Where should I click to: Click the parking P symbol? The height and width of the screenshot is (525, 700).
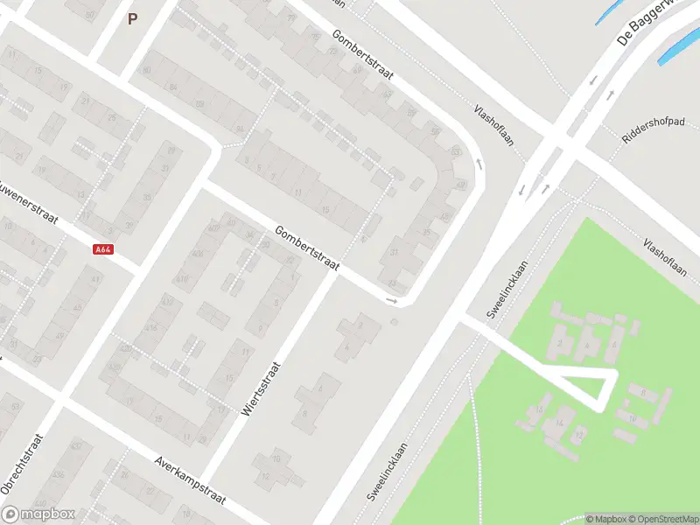point(132,18)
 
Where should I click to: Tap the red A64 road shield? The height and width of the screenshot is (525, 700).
point(102,249)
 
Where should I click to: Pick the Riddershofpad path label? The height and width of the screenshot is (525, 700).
point(652,132)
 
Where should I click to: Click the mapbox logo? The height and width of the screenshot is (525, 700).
point(36,514)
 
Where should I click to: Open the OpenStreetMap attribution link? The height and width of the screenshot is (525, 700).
point(663,519)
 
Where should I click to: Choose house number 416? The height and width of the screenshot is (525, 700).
point(182,279)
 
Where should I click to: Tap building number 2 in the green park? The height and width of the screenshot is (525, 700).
point(559,343)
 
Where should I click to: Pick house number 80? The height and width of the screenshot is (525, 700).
point(147,70)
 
